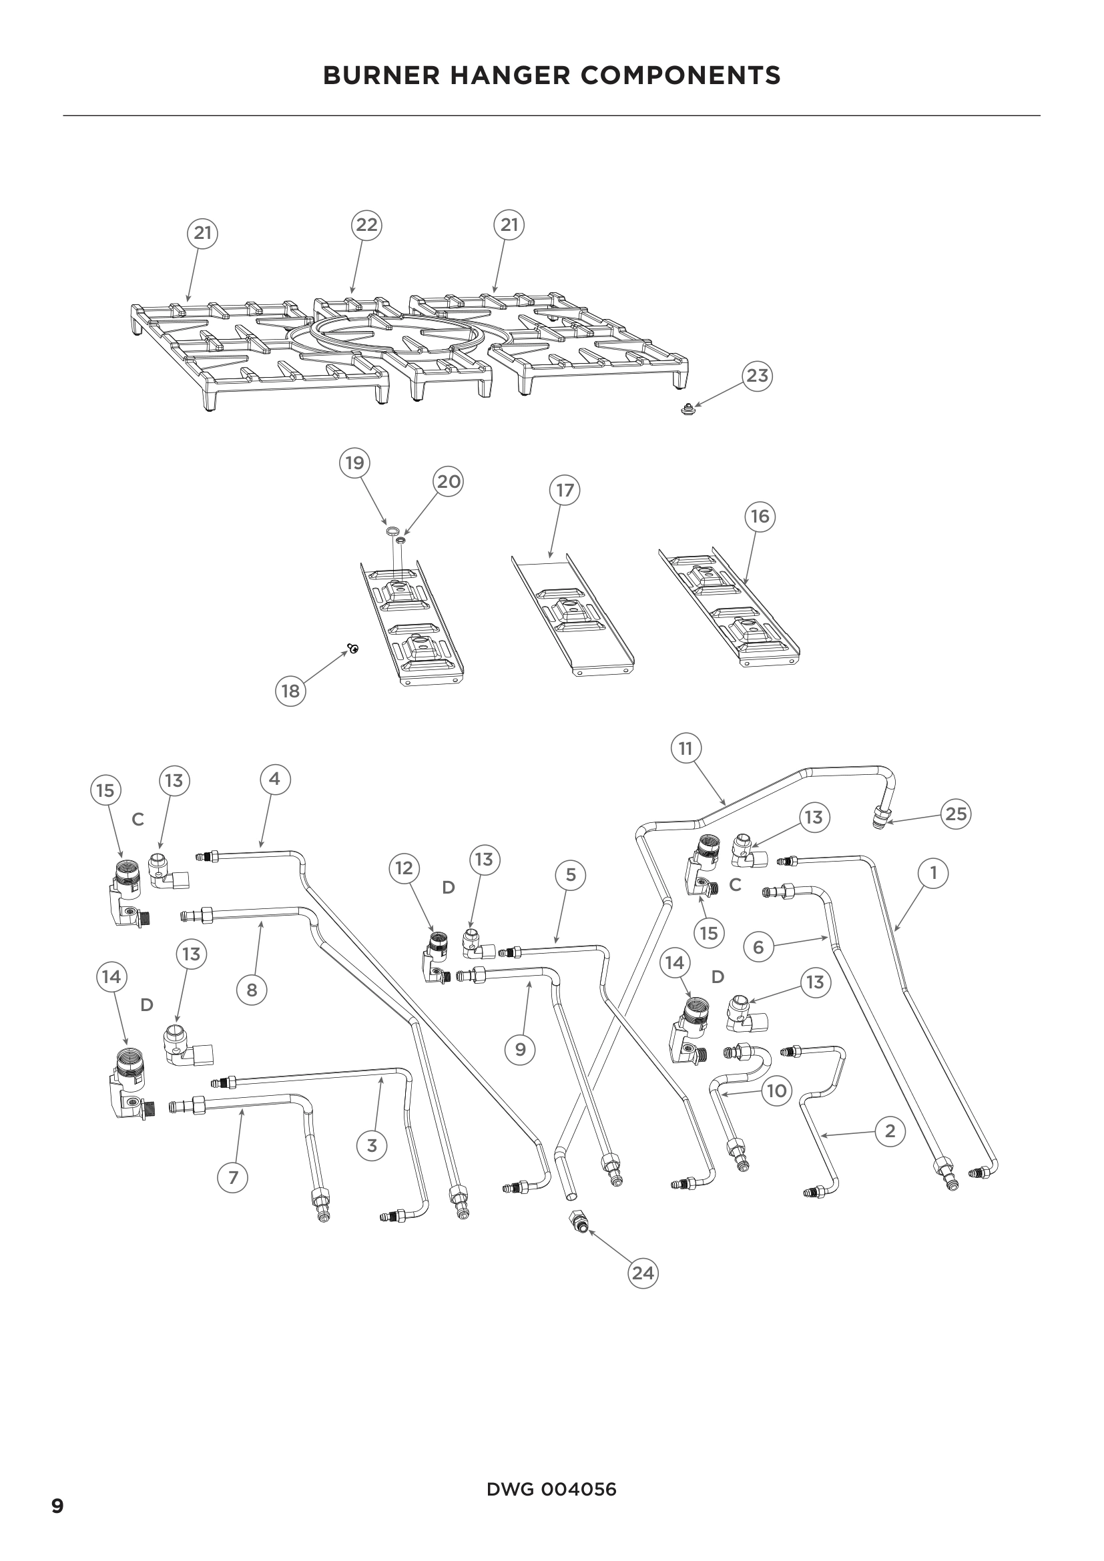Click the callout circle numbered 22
point(366,225)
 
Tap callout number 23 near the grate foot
point(758,375)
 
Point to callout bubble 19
point(354,463)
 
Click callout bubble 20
point(448,482)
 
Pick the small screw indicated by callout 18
point(353,649)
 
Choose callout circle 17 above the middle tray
point(565,491)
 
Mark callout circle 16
point(760,517)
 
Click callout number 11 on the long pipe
point(685,749)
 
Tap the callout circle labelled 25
point(956,814)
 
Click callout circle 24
point(643,1273)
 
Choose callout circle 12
point(404,868)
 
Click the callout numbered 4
point(274,779)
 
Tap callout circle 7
point(233,1177)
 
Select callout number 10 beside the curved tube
point(776,1091)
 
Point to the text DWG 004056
point(551,1490)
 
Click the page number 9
point(58,1507)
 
